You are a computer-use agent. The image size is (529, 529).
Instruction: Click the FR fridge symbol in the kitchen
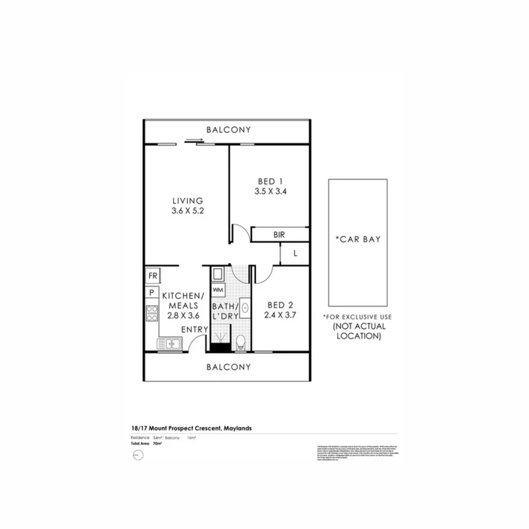153,275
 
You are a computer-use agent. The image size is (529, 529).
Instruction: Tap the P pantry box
152,293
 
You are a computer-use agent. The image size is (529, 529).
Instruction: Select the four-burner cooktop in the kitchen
152,313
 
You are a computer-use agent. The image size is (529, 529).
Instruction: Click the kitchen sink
169,344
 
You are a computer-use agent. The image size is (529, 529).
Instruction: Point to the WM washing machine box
218,289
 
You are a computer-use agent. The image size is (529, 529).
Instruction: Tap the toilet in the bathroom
240,342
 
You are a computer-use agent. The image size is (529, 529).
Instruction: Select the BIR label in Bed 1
279,235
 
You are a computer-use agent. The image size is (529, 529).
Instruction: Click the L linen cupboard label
295,254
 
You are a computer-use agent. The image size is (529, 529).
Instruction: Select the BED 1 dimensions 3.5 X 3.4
270,192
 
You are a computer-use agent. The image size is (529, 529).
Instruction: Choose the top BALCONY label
228,130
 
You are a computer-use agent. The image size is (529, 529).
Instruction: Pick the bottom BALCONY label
228,366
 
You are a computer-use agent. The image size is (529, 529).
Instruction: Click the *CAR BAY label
358,240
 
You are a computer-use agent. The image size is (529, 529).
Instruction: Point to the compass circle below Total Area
137,455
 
